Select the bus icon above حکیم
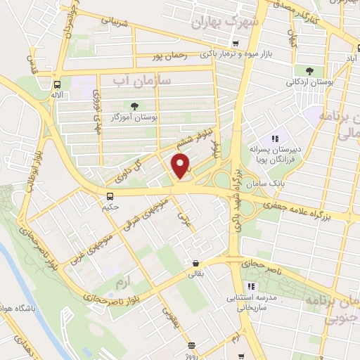coord(110,196)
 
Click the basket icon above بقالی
coord(195,264)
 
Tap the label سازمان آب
coord(140,83)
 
